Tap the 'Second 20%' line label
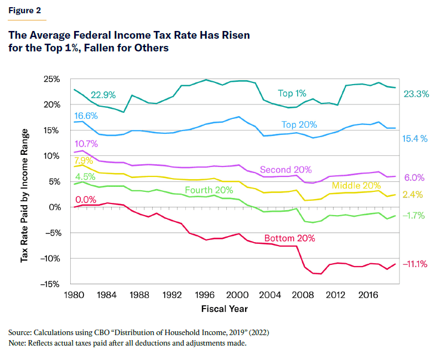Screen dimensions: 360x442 pos(286,169)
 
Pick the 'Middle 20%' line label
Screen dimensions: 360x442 pos(356,186)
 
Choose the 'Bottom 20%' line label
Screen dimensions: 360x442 pos(290,238)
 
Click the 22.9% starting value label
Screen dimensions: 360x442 pos(103,95)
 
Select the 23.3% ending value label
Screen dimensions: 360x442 pos(416,94)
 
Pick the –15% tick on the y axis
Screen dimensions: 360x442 pos(51,284)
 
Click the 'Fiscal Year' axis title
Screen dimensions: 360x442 pos(224,308)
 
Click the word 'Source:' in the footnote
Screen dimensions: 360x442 pos(20,333)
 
